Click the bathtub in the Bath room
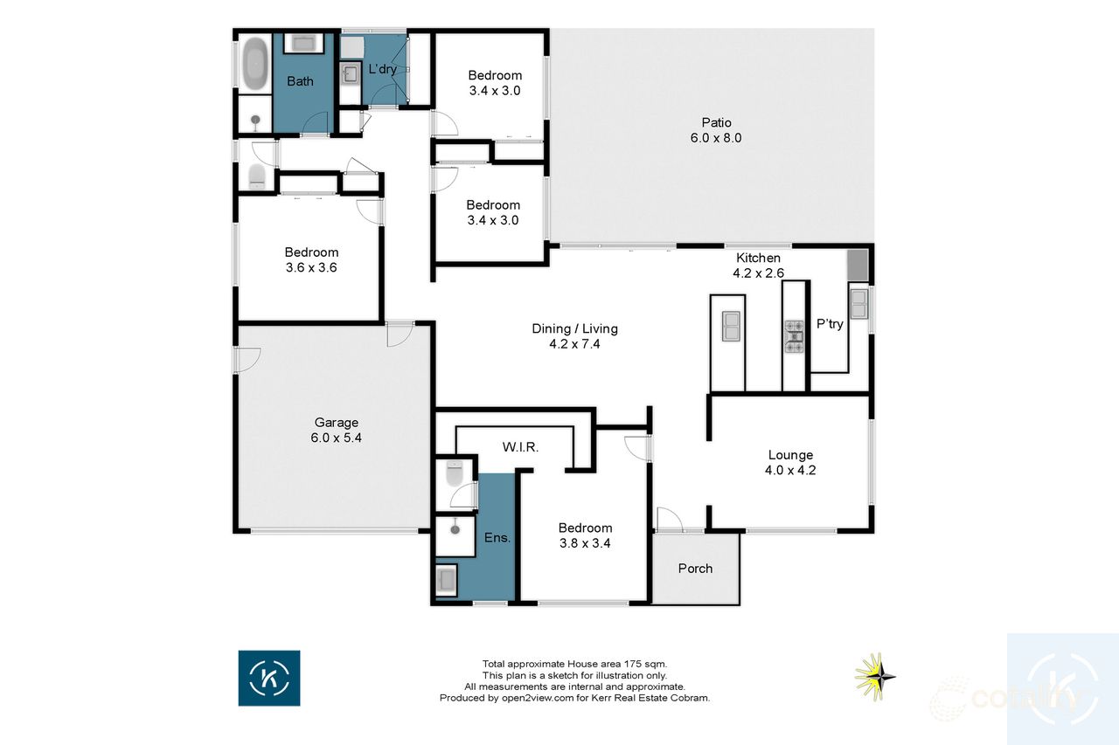[254, 64]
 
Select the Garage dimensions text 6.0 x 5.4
[336, 438]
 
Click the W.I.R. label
[520, 446]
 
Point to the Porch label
[695, 569]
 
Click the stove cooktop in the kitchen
[794, 336]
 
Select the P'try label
[830, 324]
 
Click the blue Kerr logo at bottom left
[269, 678]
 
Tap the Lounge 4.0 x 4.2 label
[790, 462]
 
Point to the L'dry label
[383, 69]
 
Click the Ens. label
[497, 537]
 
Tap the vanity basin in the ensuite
[446, 578]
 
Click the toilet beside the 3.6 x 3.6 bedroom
[256, 177]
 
